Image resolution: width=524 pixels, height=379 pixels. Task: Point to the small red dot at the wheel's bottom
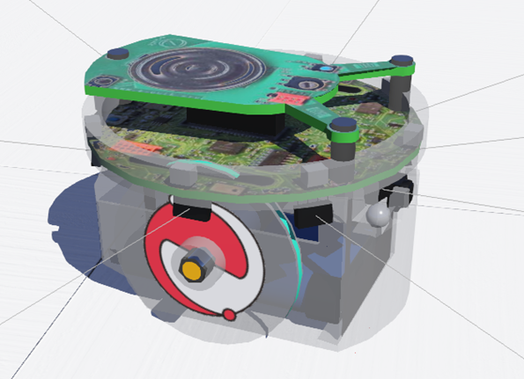(x=229, y=314)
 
